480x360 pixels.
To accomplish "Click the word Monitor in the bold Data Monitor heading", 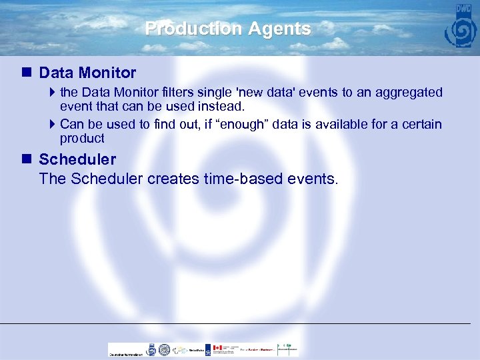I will coord(107,73).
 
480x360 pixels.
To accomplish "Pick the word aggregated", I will coord(410,92).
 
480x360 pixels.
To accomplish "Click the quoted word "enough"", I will coord(241,125).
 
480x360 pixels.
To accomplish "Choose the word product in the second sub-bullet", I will coord(82,139).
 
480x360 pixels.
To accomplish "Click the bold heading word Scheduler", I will coord(77,159).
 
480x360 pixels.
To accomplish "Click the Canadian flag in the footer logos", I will coord(217,348).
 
